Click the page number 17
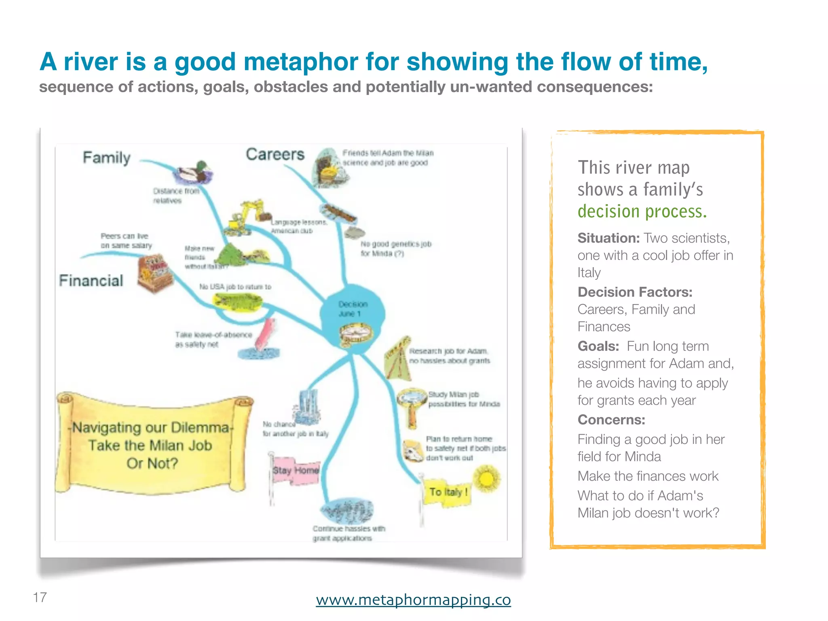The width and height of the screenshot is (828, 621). (40, 597)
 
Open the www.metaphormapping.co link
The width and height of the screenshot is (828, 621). (413, 599)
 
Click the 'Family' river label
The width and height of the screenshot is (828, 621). (107, 157)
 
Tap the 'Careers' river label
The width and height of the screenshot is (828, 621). (275, 154)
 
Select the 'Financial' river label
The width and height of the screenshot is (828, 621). (91, 280)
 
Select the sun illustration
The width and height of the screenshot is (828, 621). (486, 479)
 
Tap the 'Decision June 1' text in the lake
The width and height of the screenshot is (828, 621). (352, 308)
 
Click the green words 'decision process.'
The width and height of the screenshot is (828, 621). (642, 211)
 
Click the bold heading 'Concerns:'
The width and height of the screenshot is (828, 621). (611, 420)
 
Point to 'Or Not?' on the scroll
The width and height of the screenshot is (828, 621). (152, 463)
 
